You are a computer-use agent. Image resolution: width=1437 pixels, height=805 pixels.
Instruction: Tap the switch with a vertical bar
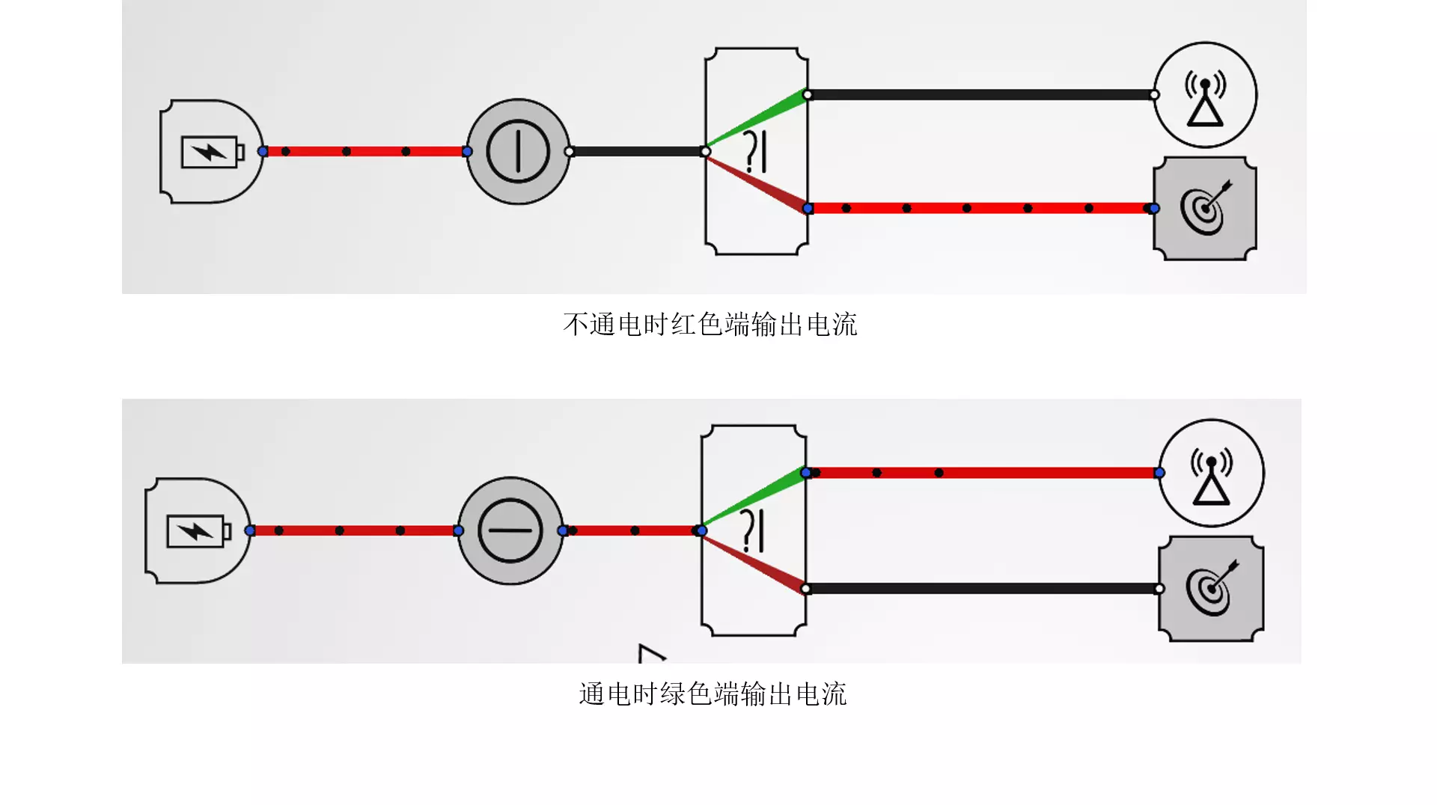pyautogui.click(x=518, y=152)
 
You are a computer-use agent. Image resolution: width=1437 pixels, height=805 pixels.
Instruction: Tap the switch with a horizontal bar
pyautogui.click(x=510, y=531)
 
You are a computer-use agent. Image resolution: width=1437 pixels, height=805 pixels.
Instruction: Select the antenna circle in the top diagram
pyautogui.click(x=1205, y=95)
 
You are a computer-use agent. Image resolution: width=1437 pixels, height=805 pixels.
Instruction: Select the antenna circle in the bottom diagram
pyautogui.click(x=1211, y=473)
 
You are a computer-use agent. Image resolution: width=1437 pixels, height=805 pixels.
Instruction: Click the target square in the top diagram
pyautogui.click(x=1205, y=209)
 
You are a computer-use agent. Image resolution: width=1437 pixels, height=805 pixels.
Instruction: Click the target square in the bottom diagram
pyautogui.click(x=1211, y=589)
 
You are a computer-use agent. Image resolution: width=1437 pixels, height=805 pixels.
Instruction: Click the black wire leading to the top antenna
pyautogui.click(x=980, y=95)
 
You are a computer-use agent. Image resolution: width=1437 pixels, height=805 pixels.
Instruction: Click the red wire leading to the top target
pyautogui.click(x=980, y=208)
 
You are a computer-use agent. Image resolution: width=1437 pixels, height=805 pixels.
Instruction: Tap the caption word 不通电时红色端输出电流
pyautogui.click(x=710, y=325)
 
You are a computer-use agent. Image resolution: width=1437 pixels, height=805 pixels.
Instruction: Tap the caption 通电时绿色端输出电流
pyautogui.click(x=713, y=694)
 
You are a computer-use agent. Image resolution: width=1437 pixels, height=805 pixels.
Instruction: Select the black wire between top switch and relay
pyautogui.click(x=637, y=152)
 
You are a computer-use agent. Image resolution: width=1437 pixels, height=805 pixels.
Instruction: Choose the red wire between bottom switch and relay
pyautogui.click(x=632, y=531)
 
